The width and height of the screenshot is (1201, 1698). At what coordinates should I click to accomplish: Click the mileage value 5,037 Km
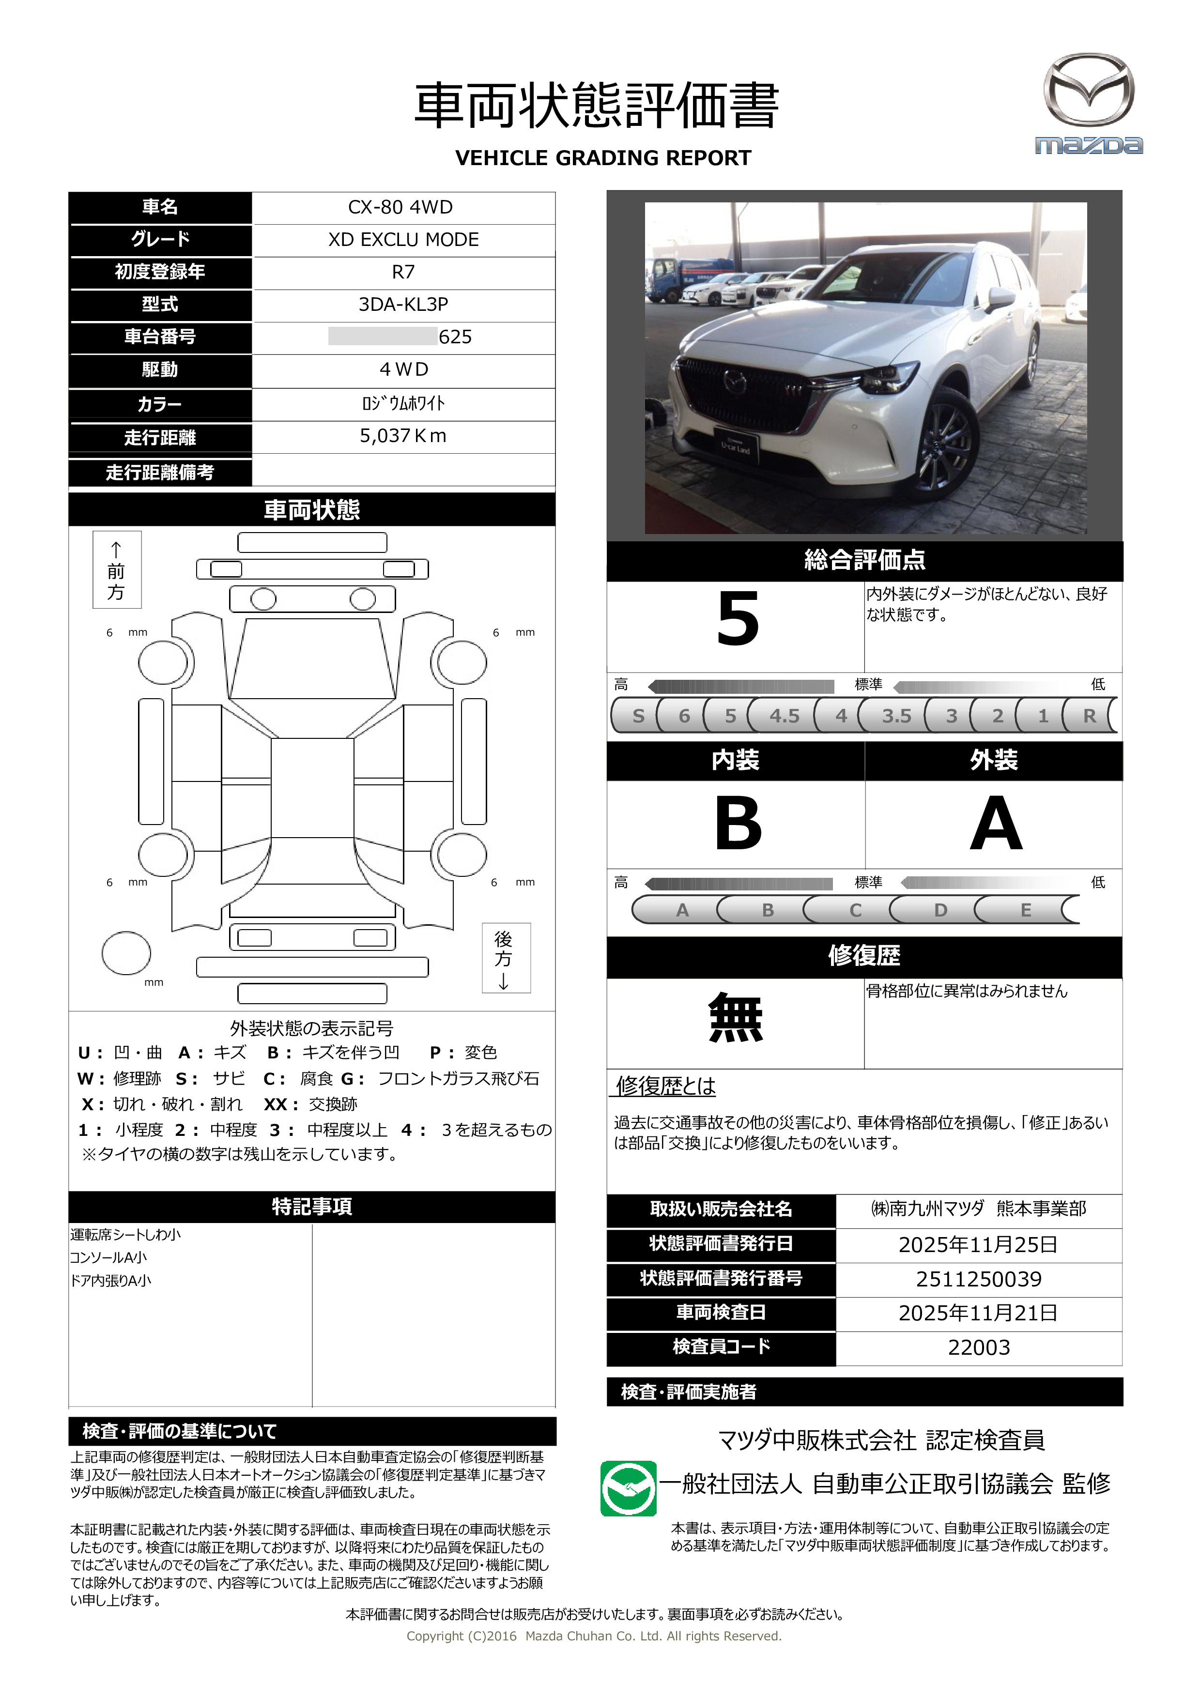403,436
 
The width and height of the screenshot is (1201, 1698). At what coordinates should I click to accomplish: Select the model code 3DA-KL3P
403,305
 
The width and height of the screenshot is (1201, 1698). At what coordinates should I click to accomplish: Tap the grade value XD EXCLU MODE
403,240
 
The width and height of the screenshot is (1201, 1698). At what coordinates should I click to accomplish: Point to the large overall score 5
738,620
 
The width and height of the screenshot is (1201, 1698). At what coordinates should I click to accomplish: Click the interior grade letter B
738,823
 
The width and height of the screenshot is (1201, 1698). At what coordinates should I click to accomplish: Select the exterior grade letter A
995,823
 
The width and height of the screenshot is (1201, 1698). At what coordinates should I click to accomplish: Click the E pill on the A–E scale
1026,910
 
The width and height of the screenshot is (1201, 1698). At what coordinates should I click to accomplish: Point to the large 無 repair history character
735,1018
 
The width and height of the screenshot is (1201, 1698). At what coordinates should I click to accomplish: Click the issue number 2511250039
978,1279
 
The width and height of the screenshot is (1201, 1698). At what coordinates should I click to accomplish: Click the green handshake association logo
628,1489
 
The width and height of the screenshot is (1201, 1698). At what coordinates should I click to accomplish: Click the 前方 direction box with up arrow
117,569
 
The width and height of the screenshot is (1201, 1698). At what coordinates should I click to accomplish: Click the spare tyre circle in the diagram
126,953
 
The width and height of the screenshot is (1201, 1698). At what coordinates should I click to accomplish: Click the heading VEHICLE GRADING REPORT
603,158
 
